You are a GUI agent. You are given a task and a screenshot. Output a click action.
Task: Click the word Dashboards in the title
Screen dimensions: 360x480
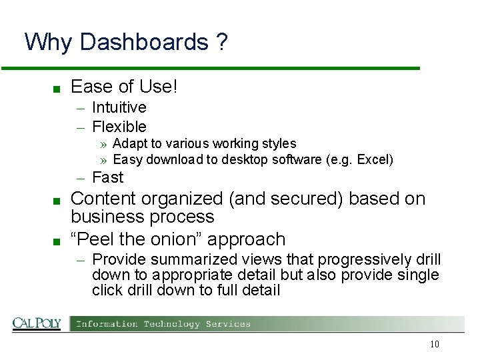143,42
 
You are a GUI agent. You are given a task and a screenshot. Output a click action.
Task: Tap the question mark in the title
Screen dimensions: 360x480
221,42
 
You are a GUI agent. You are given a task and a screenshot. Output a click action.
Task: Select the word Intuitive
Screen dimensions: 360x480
119,107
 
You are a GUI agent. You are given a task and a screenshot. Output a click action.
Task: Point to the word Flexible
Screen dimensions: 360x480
119,126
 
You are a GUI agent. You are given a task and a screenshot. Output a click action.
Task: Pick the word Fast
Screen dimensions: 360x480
107,177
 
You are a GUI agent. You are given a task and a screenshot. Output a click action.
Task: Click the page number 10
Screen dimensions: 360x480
435,345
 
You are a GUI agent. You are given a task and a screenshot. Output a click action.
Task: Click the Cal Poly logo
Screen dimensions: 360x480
37,324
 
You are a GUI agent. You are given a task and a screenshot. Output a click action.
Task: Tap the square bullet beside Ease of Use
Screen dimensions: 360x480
58,88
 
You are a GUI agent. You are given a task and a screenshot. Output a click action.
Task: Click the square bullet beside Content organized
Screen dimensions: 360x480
58,200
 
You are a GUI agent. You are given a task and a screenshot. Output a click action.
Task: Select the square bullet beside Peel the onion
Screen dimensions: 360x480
58,240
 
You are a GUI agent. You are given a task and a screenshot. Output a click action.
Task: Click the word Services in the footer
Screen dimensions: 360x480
228,324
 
